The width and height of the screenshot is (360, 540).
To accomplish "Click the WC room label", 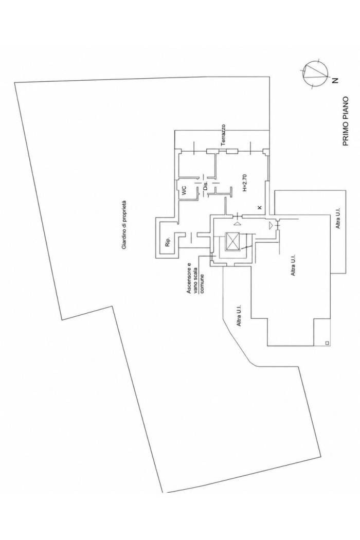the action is coord(184,190).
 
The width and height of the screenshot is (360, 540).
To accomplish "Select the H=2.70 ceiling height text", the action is coord(244,183).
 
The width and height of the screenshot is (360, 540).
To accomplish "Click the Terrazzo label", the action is coord(224,136).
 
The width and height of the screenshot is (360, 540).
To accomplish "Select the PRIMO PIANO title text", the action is coord(346,121).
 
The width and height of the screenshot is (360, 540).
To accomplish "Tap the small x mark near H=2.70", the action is coord(259,207).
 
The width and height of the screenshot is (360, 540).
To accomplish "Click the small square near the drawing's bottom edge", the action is coord(327,343).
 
